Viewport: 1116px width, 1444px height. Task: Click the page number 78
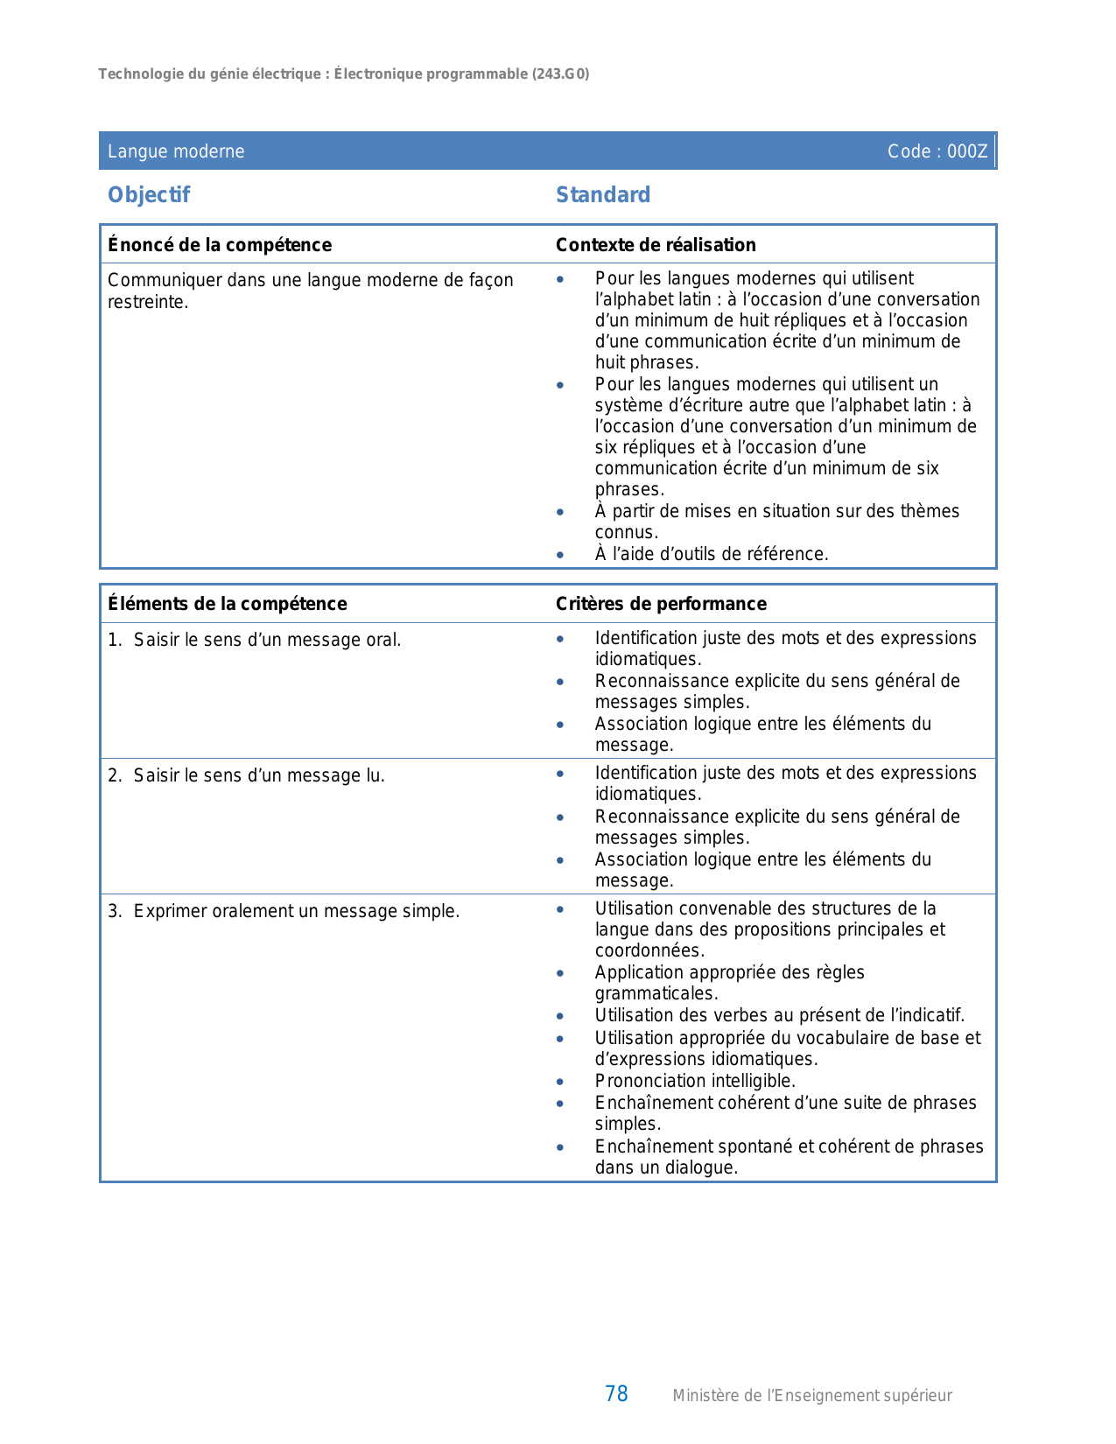click(616, 1394)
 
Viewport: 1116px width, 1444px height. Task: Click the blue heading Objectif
click(149, 195)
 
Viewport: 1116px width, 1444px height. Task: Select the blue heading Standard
click(603, 195)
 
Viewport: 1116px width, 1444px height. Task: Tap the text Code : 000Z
click(937, 151)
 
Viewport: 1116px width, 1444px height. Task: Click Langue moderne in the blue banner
click(176, 151)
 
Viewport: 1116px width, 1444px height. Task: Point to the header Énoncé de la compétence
click(220, 245)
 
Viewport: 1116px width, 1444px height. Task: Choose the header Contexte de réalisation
click(656, 245)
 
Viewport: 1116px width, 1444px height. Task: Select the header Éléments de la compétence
click(228, 604)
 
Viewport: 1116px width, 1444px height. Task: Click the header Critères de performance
click(661, 604)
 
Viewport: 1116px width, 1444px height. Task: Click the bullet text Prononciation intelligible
click(695, 1081)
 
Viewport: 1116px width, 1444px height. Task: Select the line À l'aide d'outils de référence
click(712, 554)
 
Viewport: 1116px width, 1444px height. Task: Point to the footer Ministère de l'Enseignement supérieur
click(811, 1396)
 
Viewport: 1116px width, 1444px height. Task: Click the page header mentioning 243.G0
click(343, 74)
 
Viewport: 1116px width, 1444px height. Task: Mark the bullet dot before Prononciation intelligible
click(560, 1082)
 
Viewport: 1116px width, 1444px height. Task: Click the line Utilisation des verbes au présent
click(779, 1015)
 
